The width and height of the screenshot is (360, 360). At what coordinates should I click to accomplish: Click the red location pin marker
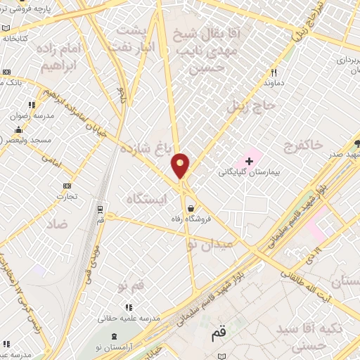coord(181,165)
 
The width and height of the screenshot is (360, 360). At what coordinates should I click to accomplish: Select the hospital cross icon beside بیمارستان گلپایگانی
coord(248,160)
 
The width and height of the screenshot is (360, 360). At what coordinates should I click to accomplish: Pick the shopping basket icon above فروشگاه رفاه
coord(191,207)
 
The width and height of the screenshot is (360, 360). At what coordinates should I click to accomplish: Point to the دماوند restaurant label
coord(272,83)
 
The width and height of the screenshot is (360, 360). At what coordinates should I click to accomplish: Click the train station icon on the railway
coord(100,210)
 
